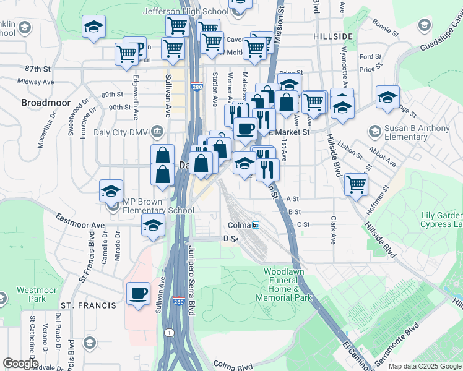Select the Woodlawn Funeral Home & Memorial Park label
click(x=287, y=284)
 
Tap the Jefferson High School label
click(x=185, y=11)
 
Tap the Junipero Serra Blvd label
click(x=191, y=281)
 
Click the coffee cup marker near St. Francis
click(x=138, y=292)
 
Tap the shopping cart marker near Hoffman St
click(x=356, y=183)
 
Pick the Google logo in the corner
click(x=20, y=364)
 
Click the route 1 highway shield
click(x=169, y=333)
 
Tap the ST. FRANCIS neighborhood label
click(x=88, y=305)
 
